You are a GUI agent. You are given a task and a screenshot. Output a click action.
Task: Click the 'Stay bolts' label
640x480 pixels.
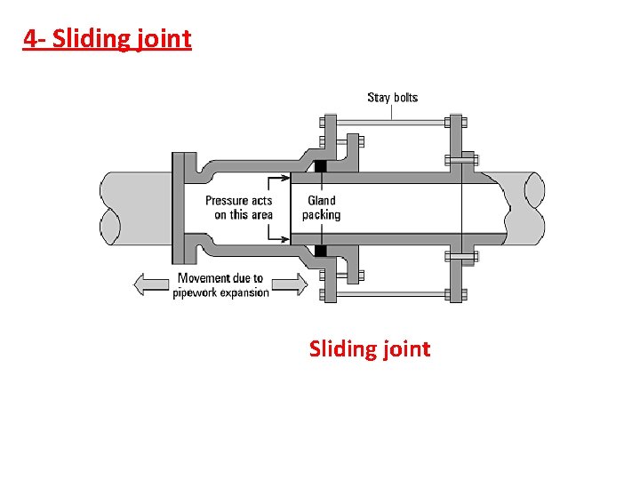392,98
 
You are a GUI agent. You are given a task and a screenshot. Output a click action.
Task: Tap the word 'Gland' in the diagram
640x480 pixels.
322,201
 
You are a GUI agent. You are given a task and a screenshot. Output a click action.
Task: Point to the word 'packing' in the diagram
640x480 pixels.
321,215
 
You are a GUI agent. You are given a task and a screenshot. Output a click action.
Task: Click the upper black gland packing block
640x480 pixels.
320,165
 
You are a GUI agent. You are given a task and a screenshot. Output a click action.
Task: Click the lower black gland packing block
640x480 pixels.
320,250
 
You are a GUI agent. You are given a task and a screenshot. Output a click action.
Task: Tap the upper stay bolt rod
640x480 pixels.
391,122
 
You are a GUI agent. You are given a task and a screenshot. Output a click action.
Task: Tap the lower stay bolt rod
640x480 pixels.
391,293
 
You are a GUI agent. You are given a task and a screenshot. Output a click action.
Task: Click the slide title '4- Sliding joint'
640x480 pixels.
107,39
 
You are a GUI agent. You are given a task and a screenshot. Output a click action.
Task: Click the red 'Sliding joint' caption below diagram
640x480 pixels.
370,348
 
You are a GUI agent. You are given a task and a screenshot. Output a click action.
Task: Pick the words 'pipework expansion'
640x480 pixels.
220,292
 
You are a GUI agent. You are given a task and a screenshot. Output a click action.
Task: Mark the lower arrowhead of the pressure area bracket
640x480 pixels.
286,239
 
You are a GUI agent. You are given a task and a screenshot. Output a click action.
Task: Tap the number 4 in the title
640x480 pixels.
31,39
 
